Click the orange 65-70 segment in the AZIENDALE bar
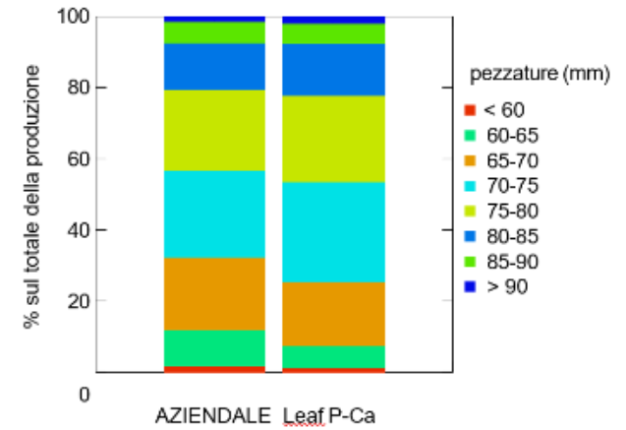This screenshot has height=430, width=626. pos(214,293)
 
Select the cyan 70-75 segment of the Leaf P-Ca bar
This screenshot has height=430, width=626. pos(333,232)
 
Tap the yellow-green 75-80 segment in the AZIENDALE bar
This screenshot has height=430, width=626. pos(214,130)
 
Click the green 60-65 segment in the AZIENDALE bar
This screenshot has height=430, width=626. pos(214,347)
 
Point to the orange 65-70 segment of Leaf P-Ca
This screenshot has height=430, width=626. pos(333,314)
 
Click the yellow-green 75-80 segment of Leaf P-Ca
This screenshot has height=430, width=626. pos(333,139)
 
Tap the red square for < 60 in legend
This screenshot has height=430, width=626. pos(471,109)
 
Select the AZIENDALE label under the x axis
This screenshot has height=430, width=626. pos(212,413)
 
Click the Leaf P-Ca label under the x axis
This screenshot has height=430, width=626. pos(329,413)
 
